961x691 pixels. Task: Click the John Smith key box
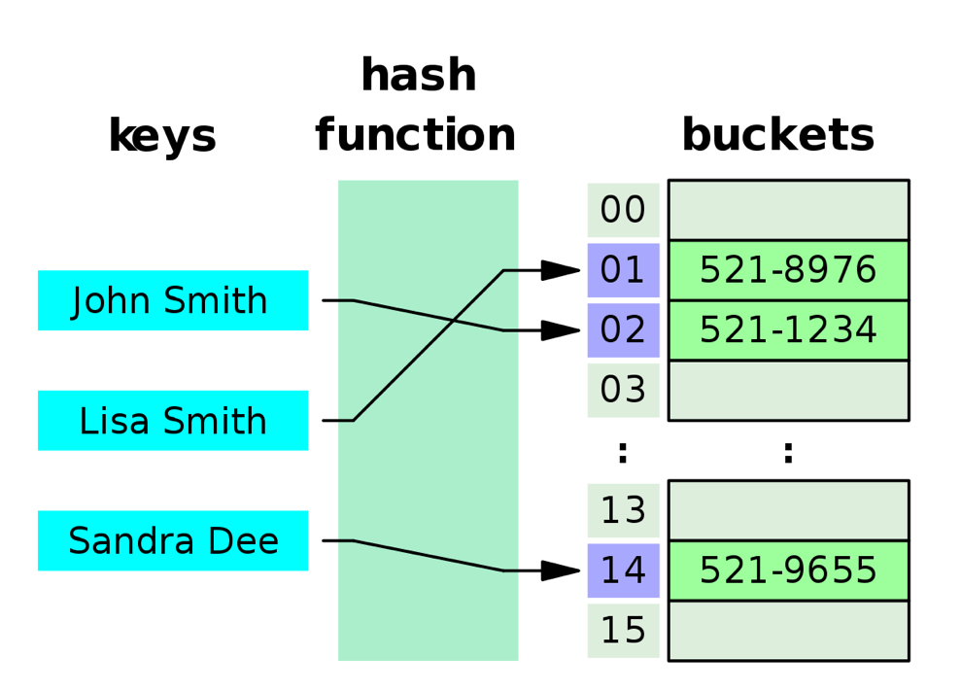[x=173, y=300]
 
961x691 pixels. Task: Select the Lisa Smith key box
[x=173, y=421]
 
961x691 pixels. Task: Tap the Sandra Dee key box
[x=173, y=540]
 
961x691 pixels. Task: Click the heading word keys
[x=162, y=136]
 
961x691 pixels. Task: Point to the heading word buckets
[x=777, y=135]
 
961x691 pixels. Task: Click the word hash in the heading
[x=418, y=76]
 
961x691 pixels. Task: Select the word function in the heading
[x=415, y=135]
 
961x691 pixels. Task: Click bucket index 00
[x=623, y=210]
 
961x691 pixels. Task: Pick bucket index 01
[x=623, y=270]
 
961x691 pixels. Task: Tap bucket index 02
[x=623, y=330]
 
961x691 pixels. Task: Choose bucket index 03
[x=623, y=390]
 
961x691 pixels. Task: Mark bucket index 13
[x=623, y=510]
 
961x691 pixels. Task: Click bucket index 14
[x=623, y=570]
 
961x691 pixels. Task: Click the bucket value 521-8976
[x=788, y=270]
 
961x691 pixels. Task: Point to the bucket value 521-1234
[x=788, y=330]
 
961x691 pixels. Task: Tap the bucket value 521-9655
[x=788, y=570]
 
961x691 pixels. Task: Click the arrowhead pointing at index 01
[x=561, y=270]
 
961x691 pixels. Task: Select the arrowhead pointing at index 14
[x=561, y=570]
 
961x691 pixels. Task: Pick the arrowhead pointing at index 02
[x=561, y=330]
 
